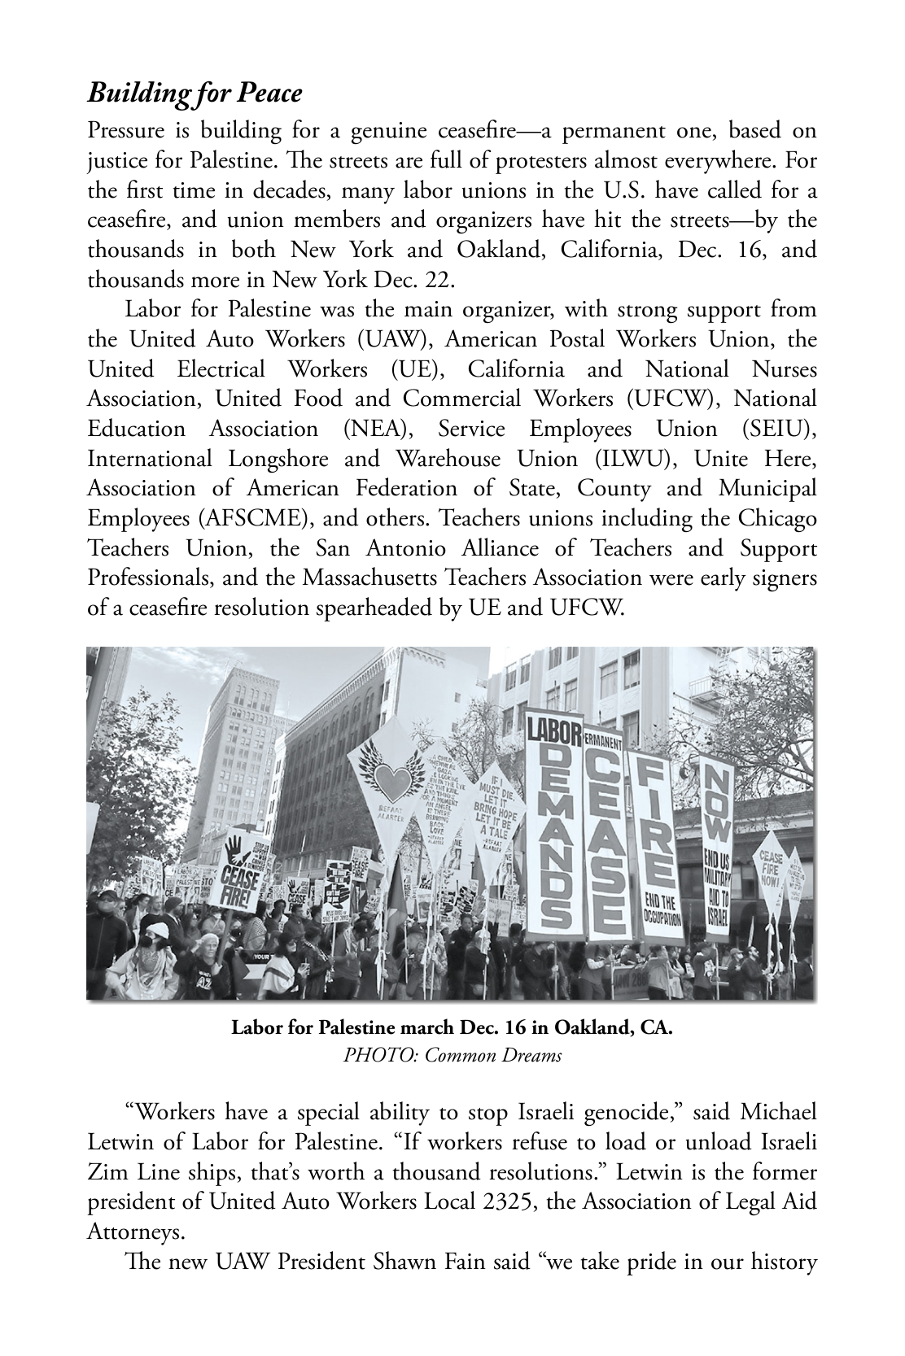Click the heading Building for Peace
pos(195,94)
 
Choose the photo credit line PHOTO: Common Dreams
pos(452,1056)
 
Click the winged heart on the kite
pos(395,782)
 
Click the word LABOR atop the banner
pos(553,730)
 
